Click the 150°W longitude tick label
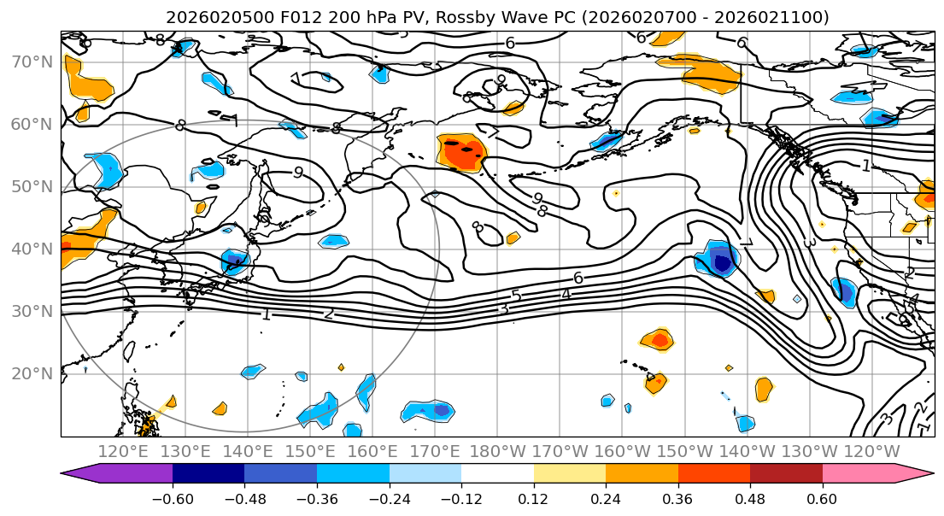685,451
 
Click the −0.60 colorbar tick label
173,498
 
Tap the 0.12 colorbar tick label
534,498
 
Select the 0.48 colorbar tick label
750,498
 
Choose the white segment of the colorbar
497,475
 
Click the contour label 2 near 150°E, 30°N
329,314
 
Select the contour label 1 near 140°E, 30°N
267,314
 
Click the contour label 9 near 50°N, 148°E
297,172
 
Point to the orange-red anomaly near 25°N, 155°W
659,340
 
